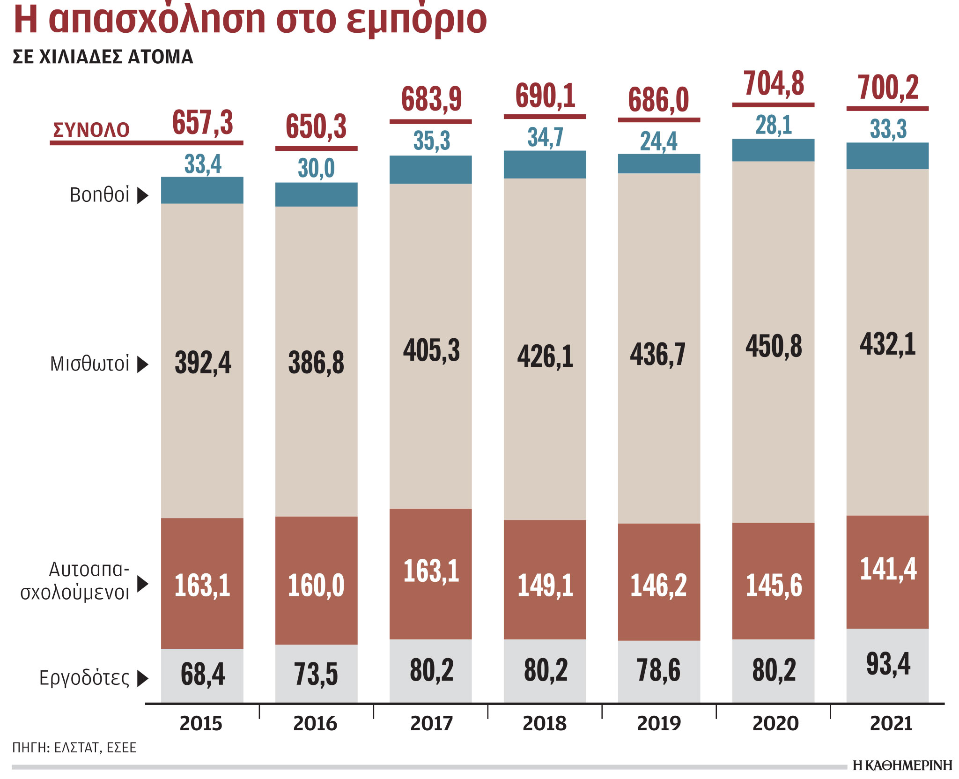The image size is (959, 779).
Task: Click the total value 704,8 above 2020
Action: coord(774,84)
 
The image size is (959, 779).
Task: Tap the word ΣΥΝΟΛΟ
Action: coord(91,130)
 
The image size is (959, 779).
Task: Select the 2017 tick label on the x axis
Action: coord(431,724)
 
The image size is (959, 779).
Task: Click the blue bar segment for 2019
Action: coord(659,164)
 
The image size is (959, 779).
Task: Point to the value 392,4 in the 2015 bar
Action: coord(203,363)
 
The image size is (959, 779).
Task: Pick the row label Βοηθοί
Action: coord(99,195)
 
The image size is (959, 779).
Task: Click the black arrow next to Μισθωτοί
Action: coord(142,364)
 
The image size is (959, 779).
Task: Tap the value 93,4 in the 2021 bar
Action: coord(888,664)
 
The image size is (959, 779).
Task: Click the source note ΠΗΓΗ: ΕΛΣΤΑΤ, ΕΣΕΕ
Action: coord(74,748)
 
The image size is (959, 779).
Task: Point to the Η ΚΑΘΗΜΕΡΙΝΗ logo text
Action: coord(902,765)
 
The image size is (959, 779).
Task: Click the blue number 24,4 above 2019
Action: coord(658,141)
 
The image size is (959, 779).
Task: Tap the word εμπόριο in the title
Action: coord(417,20)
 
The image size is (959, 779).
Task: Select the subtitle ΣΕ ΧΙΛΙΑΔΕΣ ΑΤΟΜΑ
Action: coord(103,57)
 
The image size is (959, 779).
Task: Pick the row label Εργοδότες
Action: coord(84,678)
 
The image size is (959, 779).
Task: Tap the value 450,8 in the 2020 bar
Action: coord(774,347)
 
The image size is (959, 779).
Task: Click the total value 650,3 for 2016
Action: coord(316,127)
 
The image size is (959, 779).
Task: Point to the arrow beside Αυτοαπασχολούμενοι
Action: coord(142,584)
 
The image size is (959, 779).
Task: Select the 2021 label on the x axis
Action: coord(891,724)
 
